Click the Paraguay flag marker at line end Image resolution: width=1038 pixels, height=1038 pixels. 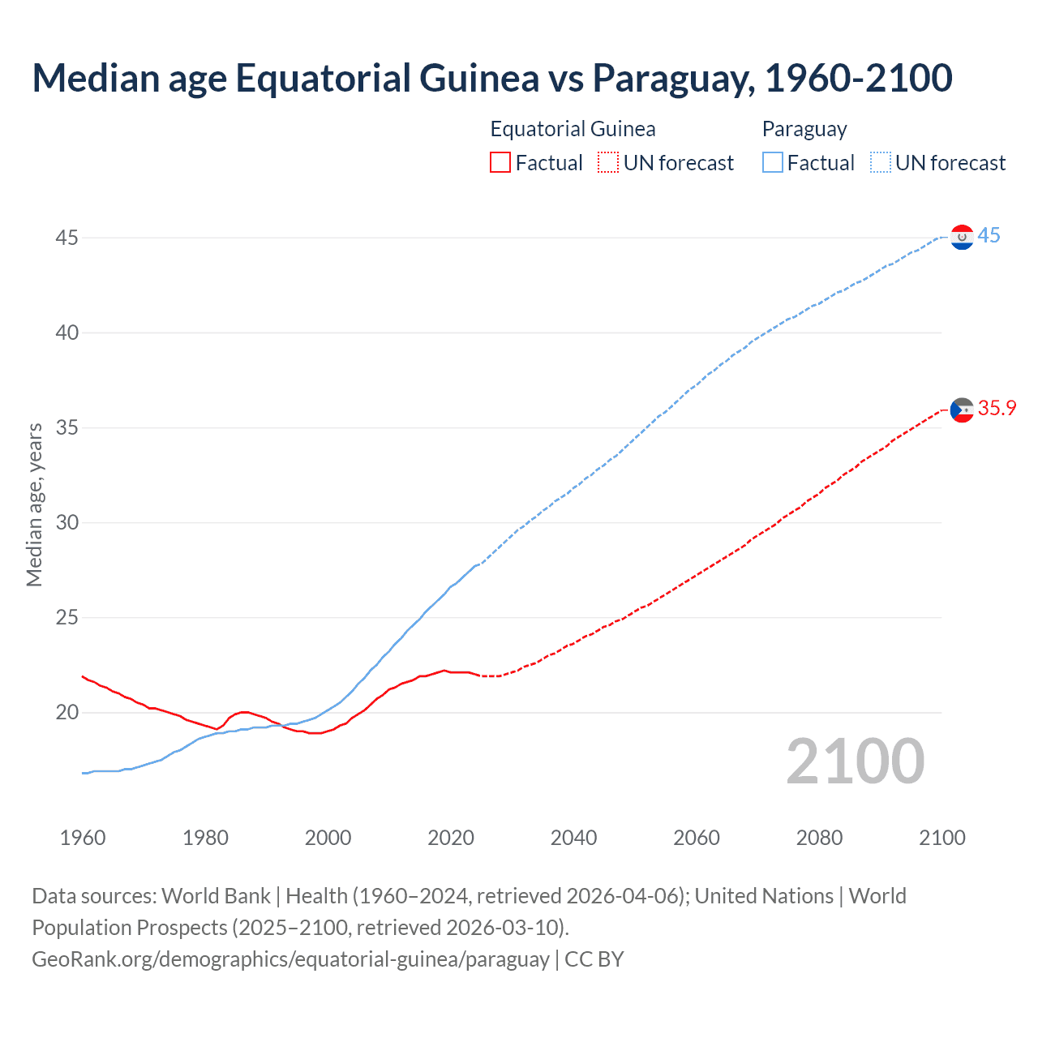click(962, 237)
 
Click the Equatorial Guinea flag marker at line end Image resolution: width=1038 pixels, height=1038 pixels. click(962, 410)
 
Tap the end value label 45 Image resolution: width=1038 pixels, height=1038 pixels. click(989, 236)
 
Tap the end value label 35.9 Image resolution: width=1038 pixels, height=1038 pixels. click(997, 409)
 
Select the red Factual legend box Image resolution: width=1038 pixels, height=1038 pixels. click(500, 163)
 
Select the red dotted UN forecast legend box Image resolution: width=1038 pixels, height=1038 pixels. click(608, 163)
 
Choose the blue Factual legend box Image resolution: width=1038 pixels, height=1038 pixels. click(773, 163)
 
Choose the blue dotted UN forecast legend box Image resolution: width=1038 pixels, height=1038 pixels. click(881, 163)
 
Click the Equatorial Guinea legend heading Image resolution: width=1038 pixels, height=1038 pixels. click(573, 129)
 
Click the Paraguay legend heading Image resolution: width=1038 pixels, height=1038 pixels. click(804, 129)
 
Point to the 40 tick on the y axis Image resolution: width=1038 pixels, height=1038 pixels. click(67, 332)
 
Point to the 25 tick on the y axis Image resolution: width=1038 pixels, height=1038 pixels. click(67, 618)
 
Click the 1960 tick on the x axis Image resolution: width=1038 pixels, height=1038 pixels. click(83, 838)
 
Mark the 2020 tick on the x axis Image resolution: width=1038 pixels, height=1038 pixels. click(451, 838)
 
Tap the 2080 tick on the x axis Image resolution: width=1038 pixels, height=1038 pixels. click(819, 838)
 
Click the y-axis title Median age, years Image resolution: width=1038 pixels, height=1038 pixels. click(34, 504)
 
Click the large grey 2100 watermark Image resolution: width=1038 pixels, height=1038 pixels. click(855, 761)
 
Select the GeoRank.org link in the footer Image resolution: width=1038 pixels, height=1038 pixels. click(290, 959)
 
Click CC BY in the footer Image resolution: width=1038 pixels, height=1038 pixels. click(594, 959)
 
